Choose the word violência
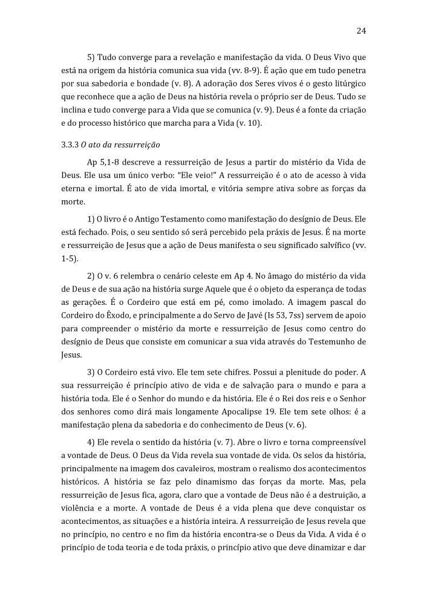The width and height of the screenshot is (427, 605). (79, 508)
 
